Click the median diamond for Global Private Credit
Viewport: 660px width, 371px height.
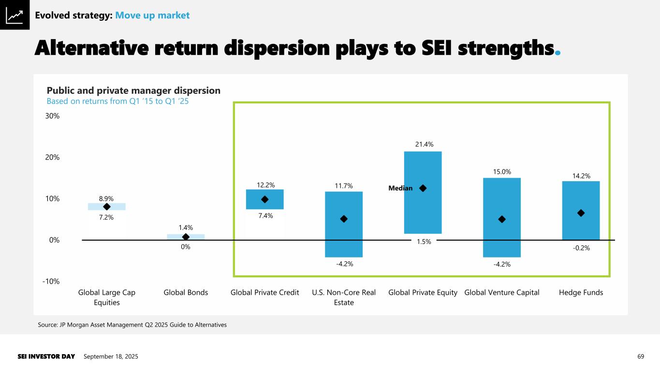(x=264, y=200)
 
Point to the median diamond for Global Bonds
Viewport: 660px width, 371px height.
(x=186, y=237)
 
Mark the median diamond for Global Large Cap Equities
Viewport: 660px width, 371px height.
(x=107, y=207)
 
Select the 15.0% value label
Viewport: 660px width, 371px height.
(x=502, y=171)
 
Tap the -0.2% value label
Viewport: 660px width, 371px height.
(x=581, y=248)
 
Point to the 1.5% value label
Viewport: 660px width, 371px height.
(x=424, y=242)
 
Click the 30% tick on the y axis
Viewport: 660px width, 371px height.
(x=53, y=116)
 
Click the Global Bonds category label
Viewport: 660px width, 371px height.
(x=186, y=292)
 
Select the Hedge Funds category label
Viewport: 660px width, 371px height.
(x=581, y=292)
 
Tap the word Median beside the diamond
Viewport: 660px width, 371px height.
(x=400, y=188)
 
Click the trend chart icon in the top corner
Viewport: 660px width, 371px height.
(x=15, y=15)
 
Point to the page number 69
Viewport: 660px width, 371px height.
(x=641, y=357)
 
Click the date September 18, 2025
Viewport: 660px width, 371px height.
(x=111, y=357)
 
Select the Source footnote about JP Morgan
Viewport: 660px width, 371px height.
(x=132, y=325)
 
